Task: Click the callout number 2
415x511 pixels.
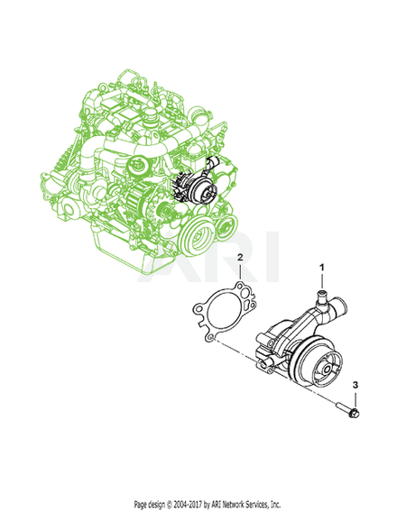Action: point(240,258)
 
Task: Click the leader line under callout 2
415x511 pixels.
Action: point(240,275)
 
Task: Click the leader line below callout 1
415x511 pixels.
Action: point(322,280)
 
